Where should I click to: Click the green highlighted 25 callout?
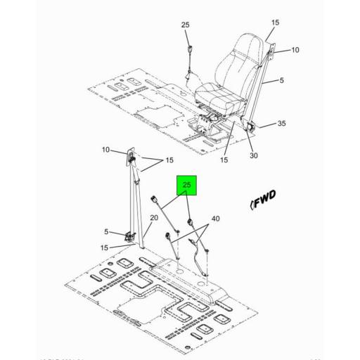tap(187, 186)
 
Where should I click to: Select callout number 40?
tap(215, 219)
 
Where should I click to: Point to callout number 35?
tap(281, 124)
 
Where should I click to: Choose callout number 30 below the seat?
tap(254, 156)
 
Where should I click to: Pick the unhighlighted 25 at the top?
tap(186, 25)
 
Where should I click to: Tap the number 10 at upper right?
tap(295, 50)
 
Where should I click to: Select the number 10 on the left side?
tap(105, 149)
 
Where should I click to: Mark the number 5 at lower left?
tap(107, 231)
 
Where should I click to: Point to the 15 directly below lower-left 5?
tap(105, 247)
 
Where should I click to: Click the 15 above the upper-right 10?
tap(275, 22)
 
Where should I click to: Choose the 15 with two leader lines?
tap(169, 161)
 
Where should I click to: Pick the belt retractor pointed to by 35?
tap(250, 127)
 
